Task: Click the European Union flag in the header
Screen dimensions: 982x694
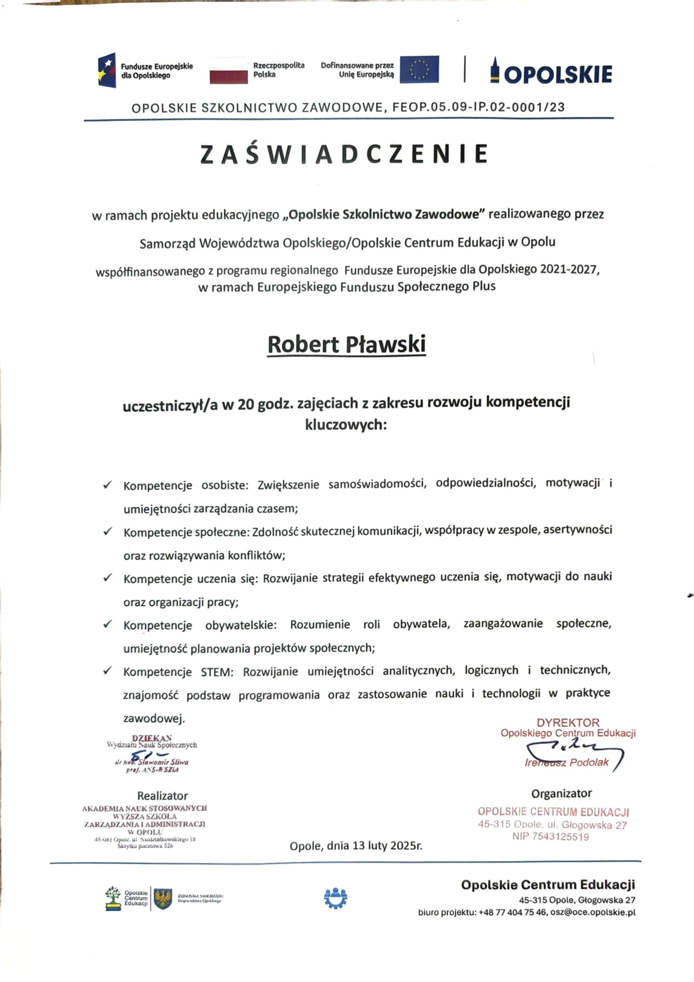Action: tap(419, 69)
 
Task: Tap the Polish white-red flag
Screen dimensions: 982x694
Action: tap(229, 71)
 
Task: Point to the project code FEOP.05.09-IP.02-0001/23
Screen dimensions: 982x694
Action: tap(475, 107)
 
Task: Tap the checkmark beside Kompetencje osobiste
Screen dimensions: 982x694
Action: tap(107, 485)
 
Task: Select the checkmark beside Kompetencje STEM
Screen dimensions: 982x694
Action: tap(107, 671)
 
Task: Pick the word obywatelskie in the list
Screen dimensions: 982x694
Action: tap(241, 625)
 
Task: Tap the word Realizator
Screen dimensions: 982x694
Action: tap(162, 796)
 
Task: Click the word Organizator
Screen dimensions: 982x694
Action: tap(561, 794)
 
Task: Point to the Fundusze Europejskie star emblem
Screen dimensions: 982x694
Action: tap(107, 71)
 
